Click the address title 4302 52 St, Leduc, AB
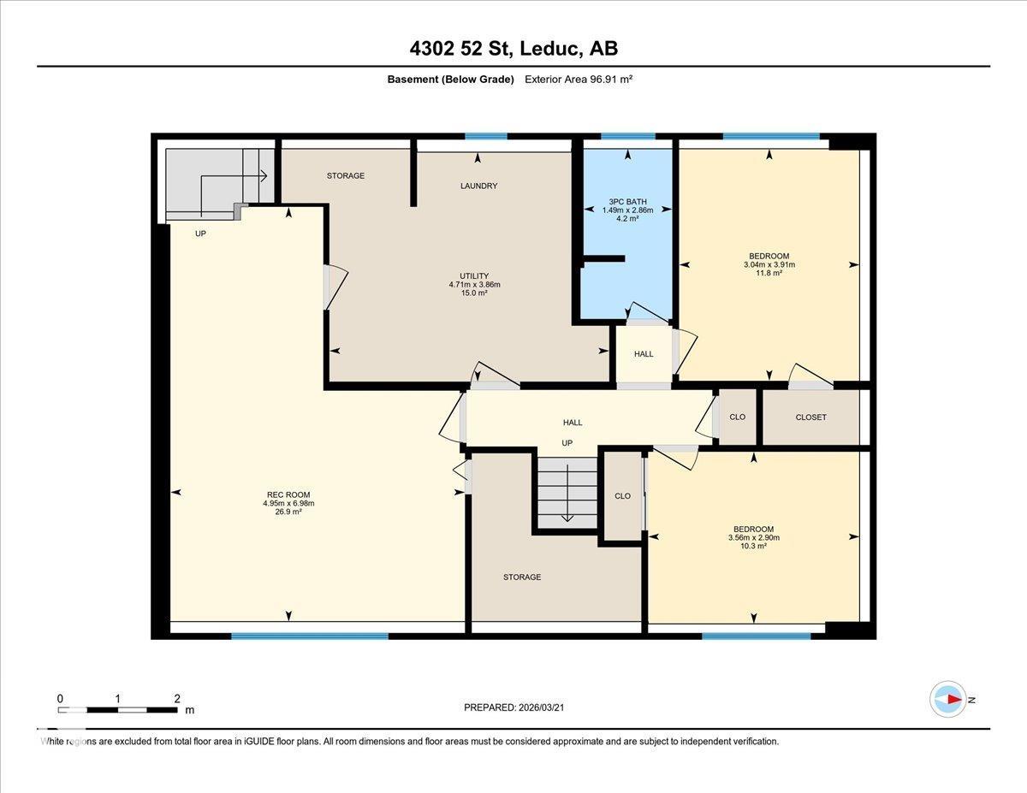click(513, 49)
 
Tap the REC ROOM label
click(288, 494)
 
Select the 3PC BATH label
click(627, 202)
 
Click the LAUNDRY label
click(478, 186)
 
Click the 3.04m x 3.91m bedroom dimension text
click(769, 264)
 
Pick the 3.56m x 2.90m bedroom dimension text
click(753, 537)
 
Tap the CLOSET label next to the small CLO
click(810, 417)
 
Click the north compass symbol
click(948, 699)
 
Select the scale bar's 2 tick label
click(176, 698)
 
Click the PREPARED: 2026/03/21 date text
click(513, 707)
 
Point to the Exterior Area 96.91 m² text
click(579, 79)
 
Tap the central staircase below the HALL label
click(567, 494)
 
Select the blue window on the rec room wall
click(309, 636)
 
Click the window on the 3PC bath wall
click(627, 136)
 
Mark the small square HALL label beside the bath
click(644, 353)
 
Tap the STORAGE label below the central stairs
click(521, 577)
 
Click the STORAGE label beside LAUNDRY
click(346, 175)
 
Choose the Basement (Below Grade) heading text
click(450, 79)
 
